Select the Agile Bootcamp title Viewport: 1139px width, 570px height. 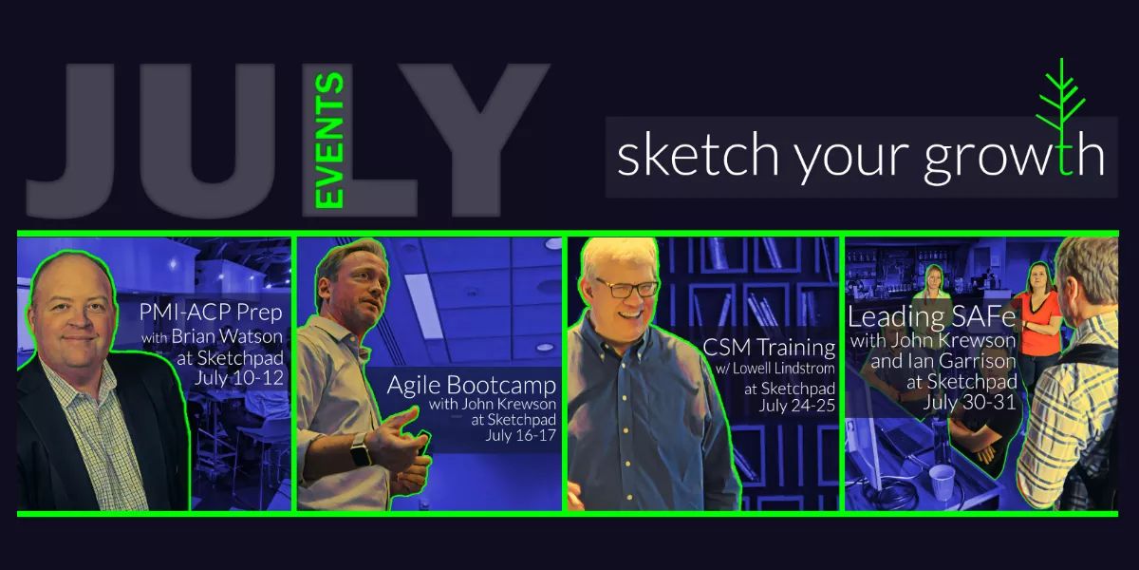tap(472, 386)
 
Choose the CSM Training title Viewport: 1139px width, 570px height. tap(769, 348)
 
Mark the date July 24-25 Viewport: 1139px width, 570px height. tap(796, 407)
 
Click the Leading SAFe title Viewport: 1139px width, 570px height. tap(919, 316)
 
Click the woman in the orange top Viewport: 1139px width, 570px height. tap(1041, 309)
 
